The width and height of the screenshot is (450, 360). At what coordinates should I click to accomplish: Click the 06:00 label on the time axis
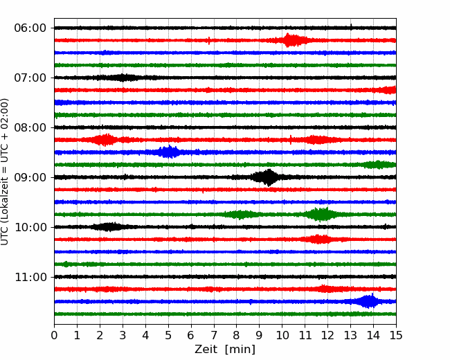tap(30, 28)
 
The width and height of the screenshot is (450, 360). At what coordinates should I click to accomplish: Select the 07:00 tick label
tap(30, 78)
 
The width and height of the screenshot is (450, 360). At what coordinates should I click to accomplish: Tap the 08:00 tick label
tap(30, 127)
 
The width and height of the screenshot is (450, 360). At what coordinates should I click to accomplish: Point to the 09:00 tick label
tap(30, 177)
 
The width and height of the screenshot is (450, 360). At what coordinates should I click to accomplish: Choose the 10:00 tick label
tap(30, 227)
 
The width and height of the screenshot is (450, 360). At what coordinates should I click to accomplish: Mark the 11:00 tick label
tap(30, 277)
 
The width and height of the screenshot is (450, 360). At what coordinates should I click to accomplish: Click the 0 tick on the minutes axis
tap(55, 336)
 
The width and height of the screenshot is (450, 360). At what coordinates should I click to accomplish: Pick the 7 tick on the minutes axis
tap(214, 336)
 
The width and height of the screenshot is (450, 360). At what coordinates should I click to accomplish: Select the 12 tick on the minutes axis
tap(327, 336)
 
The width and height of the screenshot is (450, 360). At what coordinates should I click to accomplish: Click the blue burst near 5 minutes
tap(168, 152)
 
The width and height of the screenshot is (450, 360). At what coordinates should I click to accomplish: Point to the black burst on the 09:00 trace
tap(267, 177)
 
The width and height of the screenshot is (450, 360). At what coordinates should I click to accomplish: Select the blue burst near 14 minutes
tap(369, 301)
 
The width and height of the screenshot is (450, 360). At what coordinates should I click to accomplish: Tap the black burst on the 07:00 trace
tap(123, 78)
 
